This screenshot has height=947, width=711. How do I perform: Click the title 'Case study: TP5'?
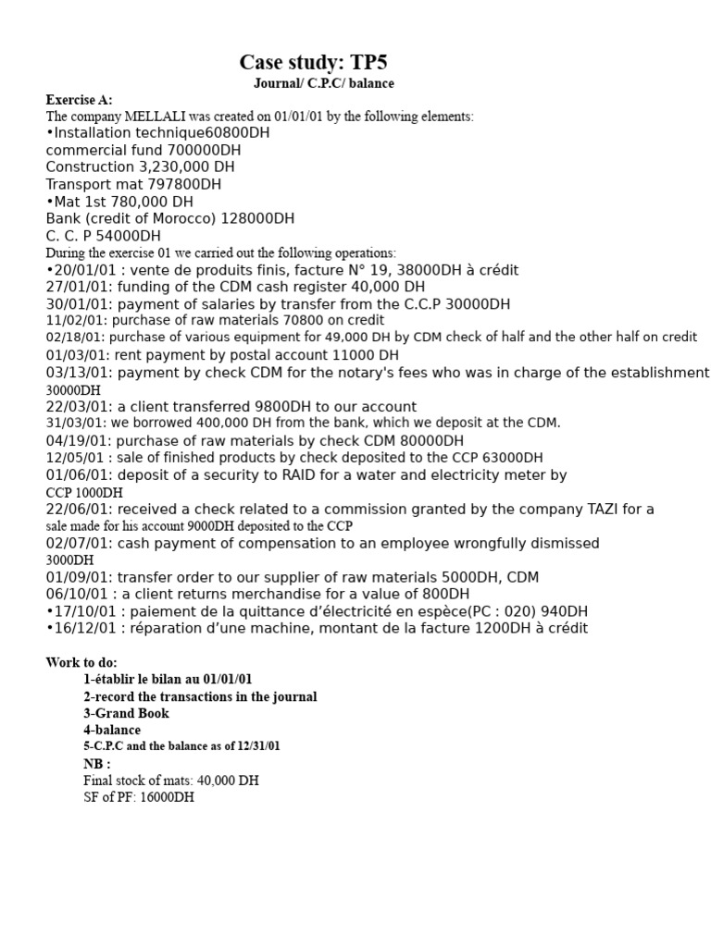pos(313,62)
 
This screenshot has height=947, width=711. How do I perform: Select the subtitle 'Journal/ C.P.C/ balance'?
pos(324,83)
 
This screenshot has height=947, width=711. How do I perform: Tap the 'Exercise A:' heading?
pos(80,100)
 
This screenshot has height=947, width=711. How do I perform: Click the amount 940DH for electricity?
pos(566,611)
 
